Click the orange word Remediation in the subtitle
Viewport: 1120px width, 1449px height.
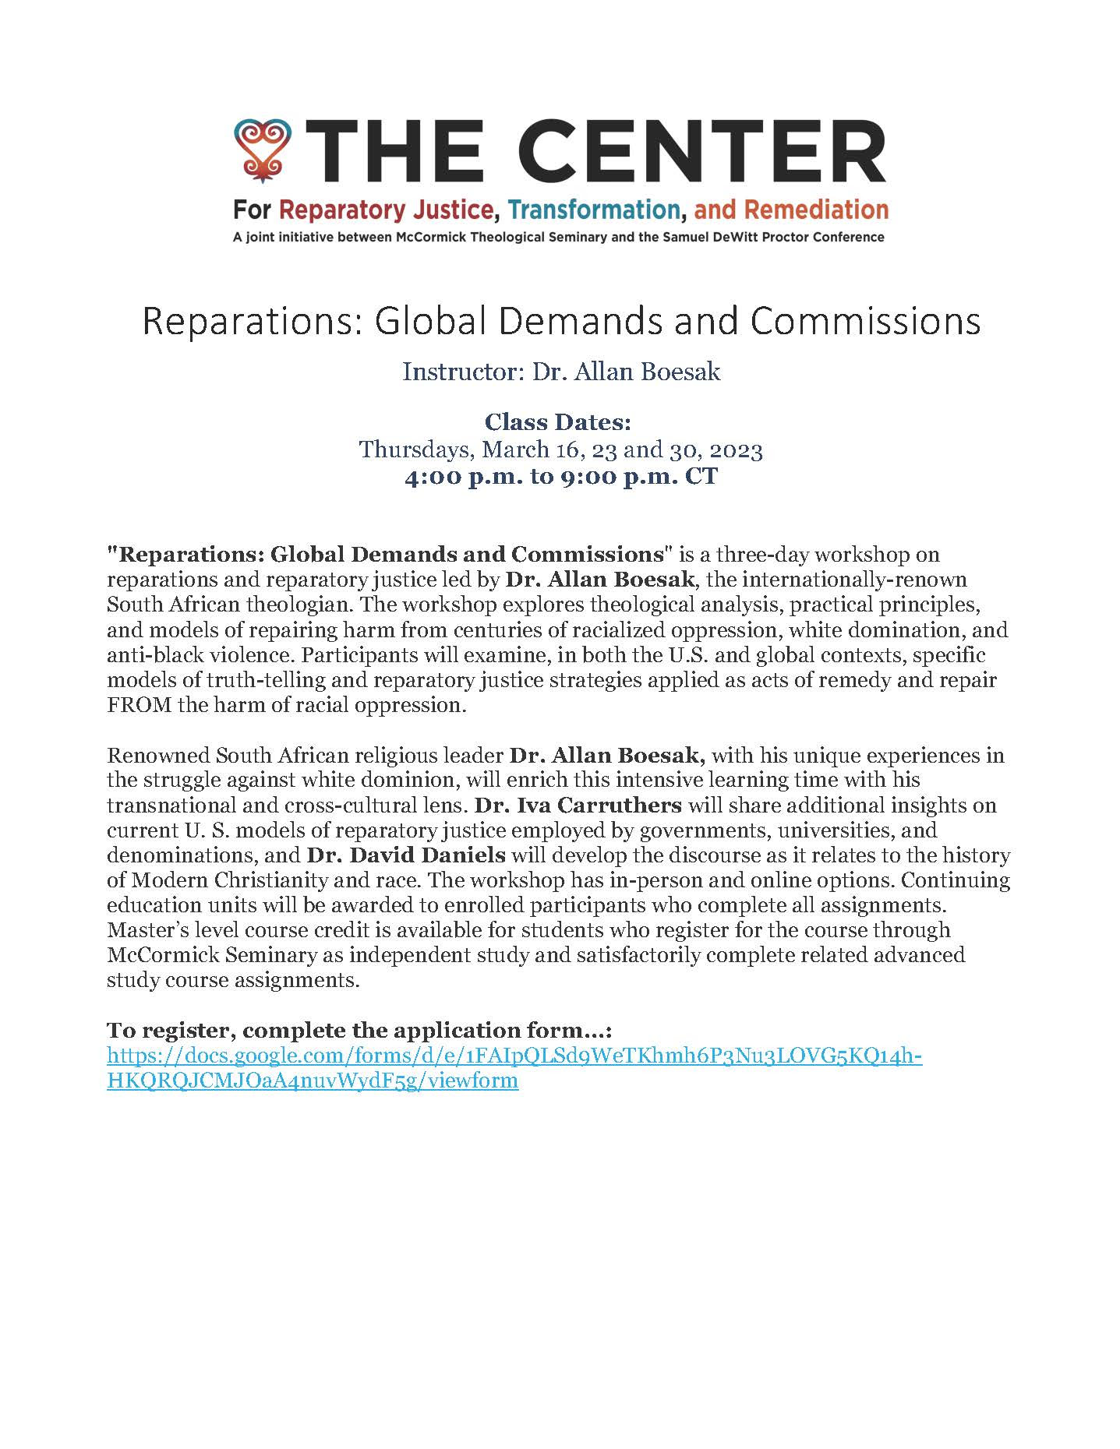pyautogui.click(x=817, y=210)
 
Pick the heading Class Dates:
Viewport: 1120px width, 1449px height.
pyautogui.click(x=557, y=422)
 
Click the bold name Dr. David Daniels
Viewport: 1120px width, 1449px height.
pyautogui.click(x=406, y=855)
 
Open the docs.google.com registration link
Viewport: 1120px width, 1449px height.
pyautogui.click(x=514, y=1056)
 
